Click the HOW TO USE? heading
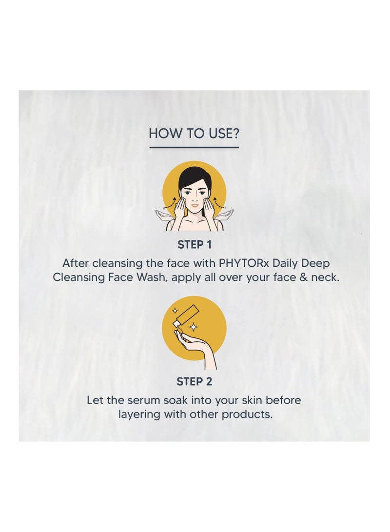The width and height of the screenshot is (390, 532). point(194,133)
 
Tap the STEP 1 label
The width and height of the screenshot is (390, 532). point(195,245)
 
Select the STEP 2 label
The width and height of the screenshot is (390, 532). point(195,382)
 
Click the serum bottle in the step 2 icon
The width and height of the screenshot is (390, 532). point(187,314)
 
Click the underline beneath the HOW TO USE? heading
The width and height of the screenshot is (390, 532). point(194,147)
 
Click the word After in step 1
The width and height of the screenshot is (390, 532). point(75,263)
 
